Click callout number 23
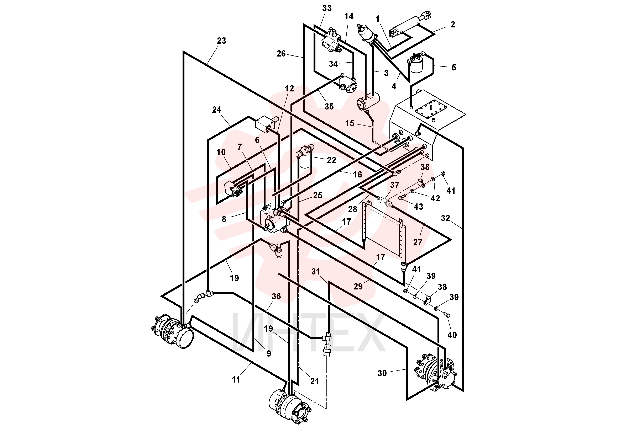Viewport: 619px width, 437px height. point(221,41)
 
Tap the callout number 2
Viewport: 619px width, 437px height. point(453,25)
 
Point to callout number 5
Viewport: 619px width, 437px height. point(454,67)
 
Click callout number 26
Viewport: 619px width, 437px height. point(281,54)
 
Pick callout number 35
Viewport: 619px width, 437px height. point(329,106)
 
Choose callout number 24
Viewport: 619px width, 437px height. point(216,110)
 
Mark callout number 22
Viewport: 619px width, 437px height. point(331,160)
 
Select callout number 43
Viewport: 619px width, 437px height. point(418,207)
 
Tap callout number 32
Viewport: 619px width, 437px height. point(445,218)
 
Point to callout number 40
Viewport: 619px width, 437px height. point(452,335)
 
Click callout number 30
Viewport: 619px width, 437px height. point(382,373)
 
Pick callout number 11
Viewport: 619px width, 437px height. point(236,380)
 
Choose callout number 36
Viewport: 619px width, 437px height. point(276,296)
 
